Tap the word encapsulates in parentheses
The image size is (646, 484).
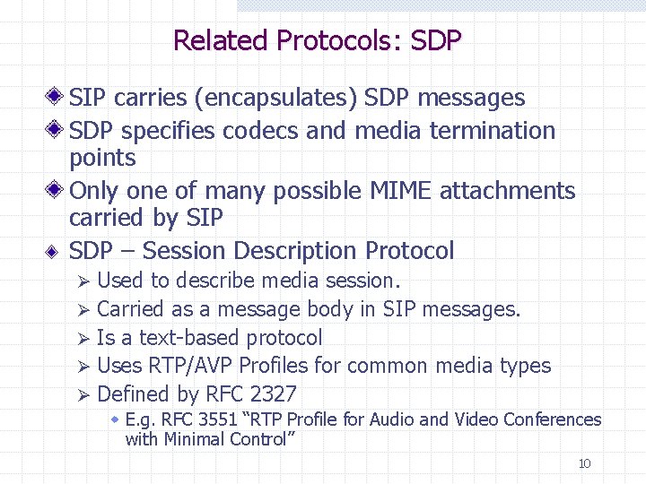(x=283, y=98)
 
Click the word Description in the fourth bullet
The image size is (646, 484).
(x=296, y=251)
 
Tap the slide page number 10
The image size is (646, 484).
(x=584, y=463)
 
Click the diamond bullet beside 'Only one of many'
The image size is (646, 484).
(x=56, y=190)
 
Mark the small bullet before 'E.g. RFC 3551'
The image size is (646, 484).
(x=116, y=419)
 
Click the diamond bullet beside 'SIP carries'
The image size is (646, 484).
(x=56, y=97)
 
